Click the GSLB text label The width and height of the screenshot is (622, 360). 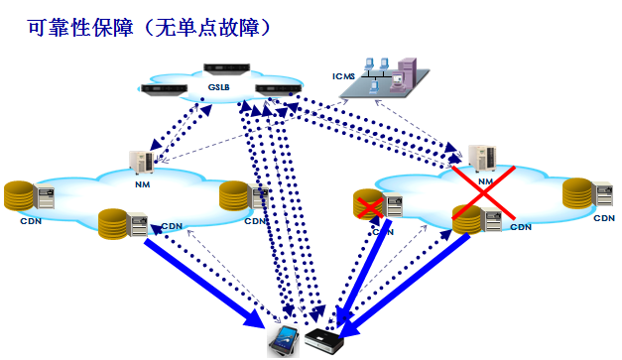pyautogui.click(x=219, y=87)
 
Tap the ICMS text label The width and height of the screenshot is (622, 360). pyautogui.click(x=343, y=73)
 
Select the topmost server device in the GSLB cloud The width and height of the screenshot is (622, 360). pyautogui.click(x=224, y=70)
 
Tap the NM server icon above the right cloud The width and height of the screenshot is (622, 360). pyautogui.click(x=483, y=157)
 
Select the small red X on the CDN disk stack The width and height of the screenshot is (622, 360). pyautogui.click(x=369, y=206)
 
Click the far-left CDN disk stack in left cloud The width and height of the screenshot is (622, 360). pyautogui.click(x=18, y=195)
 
